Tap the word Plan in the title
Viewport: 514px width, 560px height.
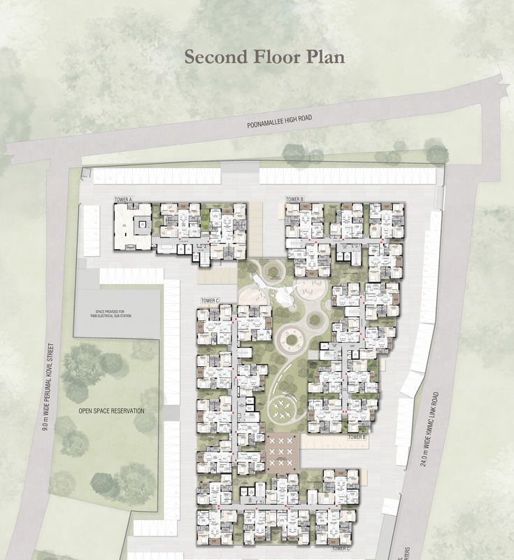click(323, 57)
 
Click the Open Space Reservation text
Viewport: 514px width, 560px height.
click(111, 411)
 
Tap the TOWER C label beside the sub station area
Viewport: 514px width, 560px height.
click(210, 300)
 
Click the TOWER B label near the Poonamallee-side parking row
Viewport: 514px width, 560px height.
click(294, 199)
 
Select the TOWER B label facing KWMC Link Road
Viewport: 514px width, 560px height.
click(357, 436)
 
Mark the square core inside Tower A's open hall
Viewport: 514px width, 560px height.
click(141, 225)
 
